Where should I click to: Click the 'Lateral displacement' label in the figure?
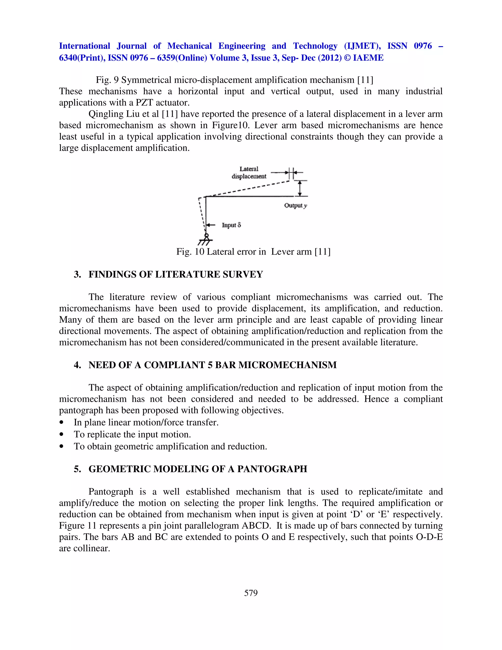pyautogui.click(x=249, y=173)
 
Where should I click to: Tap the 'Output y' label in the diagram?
pyautogui.click(x=295, y=205)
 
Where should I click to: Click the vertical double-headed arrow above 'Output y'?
pyautogui.click(x=300, y=188)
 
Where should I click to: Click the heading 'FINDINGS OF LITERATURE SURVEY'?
pyautogui.click(x=176, y=274)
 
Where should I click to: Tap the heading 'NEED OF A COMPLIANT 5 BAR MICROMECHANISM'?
pyautogui.click(x=212, y=365)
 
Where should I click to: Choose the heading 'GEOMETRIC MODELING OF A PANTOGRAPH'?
pyautogui.click(x=198, y=469)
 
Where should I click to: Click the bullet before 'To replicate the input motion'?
pyautogui.click(x=62, y=435)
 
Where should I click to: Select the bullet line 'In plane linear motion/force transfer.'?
pyautogui.click(x=146, y=422)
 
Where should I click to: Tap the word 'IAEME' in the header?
pyautogui.click(x=368, y=58)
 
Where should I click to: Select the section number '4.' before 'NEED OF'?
pyautogui.click(x=77, y=365)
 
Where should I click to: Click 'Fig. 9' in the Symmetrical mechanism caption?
pyautogui.click(x=107, y=80)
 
